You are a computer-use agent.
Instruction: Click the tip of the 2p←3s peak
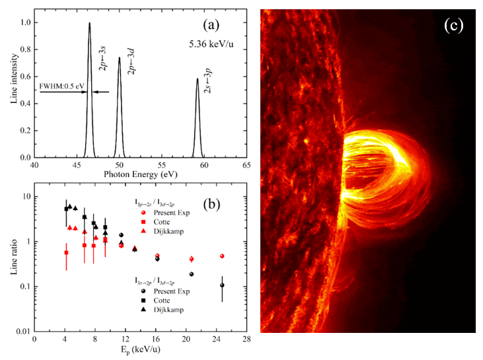pyautogui.click(x=89, y=23)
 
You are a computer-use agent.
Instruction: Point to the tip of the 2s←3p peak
pyautogui.click(x=197, y=79)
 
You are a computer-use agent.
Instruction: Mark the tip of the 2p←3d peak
pyautogui.click(x=120, y=57)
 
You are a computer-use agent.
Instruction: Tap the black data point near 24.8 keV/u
pyautogui.click(x=222, y=285)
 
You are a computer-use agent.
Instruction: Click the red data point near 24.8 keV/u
pyautogui.click(x=223, y=256)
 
